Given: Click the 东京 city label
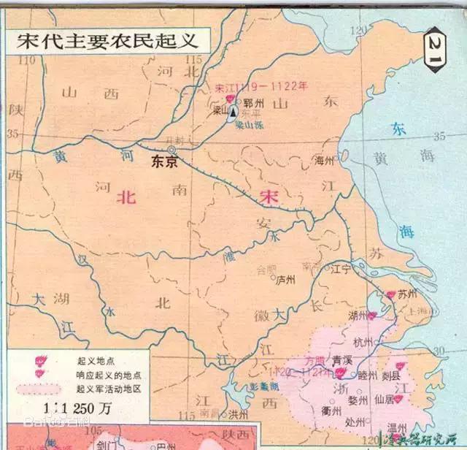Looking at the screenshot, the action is click(x=165, y=162).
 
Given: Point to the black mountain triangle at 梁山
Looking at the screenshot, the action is click(x=232, y=113).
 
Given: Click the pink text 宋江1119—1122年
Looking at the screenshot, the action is click(x=260, y=86).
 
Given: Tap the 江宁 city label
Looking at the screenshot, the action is click(x=340, y=270).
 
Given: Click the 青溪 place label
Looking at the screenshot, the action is click(x=343, y=360).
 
